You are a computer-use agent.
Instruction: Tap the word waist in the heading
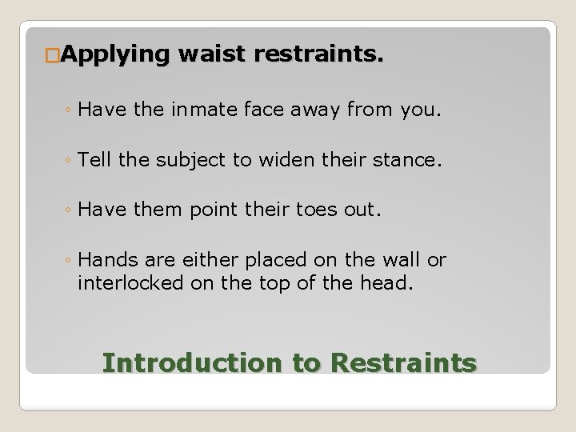coord(209,55)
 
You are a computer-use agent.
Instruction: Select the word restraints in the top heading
coord(317,55)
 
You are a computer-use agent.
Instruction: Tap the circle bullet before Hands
coord(72,261)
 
